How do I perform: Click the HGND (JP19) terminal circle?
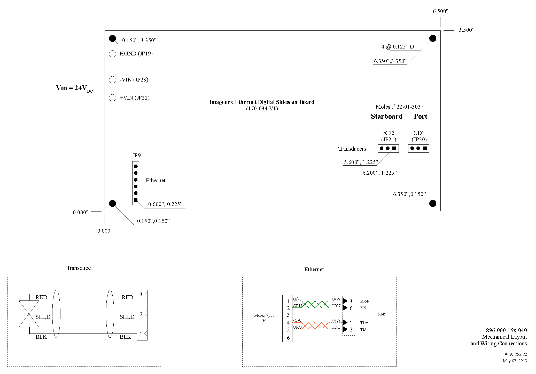pyautogui.click(x=112, y=54)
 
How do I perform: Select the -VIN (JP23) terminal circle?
pyautogui.click(x=112, y=79)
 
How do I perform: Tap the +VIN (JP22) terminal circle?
pyautogui.click(x=112, y=97)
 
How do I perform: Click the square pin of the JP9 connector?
pyautogui.click(x=136, y=200)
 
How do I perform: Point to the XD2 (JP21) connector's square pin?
pyautogui.click(x=394, y=148)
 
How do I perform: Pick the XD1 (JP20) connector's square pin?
pyautogui.click(x=425, y=148)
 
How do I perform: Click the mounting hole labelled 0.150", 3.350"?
pyautogui.click(x=112, y=38)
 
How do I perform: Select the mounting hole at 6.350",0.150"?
pyautogui.click(x=433, y=204)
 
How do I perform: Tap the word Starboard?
pyautogui.click(x=386, y=116)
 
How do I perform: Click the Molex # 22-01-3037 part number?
pyautogui.click(x=399, y=107)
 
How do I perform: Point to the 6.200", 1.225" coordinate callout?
pyautogui.click(x=379, y=173)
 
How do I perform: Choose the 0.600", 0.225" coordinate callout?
pyautogui.click(x=165, y=204)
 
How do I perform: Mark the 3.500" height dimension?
pyautogui.click(x=466, y=30)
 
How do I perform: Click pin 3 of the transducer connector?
pyautogui.click(x=141, y=294)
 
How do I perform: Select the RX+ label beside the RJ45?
pyautogui.click(x=364, y=301)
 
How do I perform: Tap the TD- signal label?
pyautogui.click(x=364, y=329)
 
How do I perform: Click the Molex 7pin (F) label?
pyautogui.click(x=264, y=318)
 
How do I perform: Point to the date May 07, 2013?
pyautogui.click(x=515, y=361)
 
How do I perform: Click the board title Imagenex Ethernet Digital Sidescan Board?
pyautogui.click(x=262, y=102)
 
